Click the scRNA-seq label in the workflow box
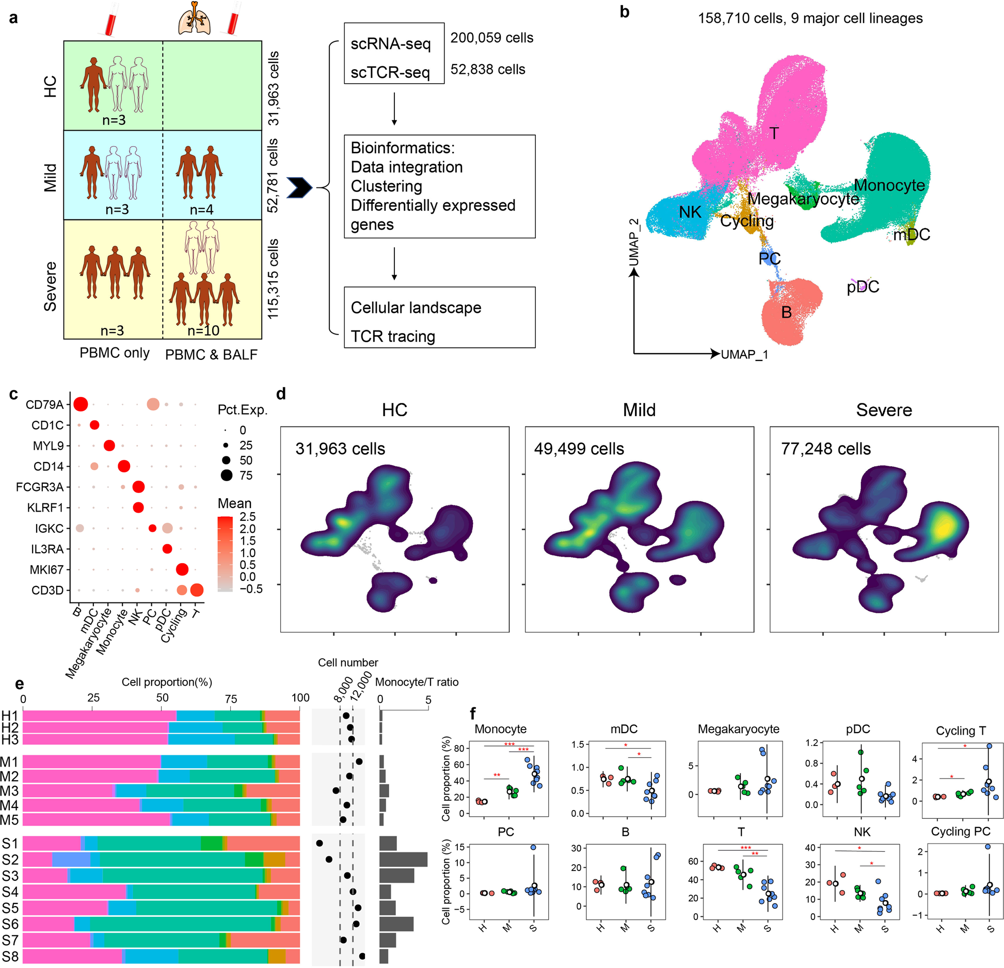(x=390, y=44)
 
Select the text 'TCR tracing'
(x=393, y=337)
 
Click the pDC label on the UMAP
(x=863, y=287)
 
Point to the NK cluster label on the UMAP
(x=690, y=212)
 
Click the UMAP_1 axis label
(x=744, y=355)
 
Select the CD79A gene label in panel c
(x=44, y=405)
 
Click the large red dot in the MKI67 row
(x=182, y=569)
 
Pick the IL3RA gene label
(x=47, y=549)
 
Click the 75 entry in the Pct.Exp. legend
(x=246, y=475)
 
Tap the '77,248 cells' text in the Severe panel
(x=825, y=449)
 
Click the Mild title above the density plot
(x=639, y=410)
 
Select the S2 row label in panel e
(x=10, y=860)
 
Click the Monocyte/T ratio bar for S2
(x=403, y=860)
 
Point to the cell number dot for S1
(x=320, y=843)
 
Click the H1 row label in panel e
(x=10, y=716)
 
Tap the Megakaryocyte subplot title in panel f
(x=738, y=729)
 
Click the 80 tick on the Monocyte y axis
(x=459, y=748)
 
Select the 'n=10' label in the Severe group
(x=203, y=331)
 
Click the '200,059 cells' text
(x=491, y=38)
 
